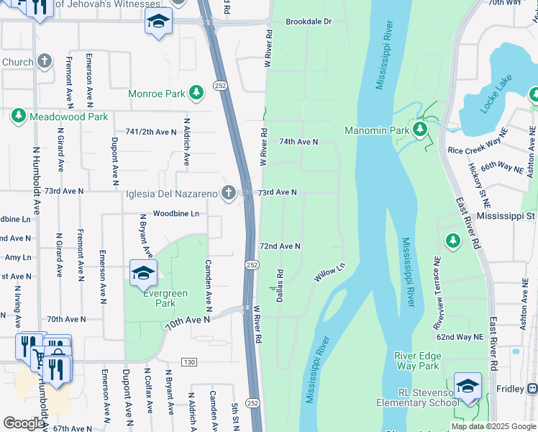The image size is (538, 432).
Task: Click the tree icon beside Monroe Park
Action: [x=196, y=94]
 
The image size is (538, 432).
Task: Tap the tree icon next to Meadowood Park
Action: [x=18, y=116]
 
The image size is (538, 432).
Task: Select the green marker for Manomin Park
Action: [x=421, y=130]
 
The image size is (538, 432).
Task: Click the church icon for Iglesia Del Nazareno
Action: [x=228, y=192]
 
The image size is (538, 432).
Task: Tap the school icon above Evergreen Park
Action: [x=143, y=272]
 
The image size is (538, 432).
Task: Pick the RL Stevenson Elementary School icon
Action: [x=468, y=385]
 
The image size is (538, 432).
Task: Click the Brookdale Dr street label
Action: [x=309, y=22]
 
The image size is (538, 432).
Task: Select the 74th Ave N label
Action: [x=298, y=142]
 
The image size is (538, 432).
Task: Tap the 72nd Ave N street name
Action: [x=280, y=246]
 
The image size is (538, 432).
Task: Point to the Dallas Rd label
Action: [x=281, y=286]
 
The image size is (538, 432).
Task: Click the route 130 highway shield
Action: [x=189, y=361]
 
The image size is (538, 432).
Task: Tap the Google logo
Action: [x=24, y=423]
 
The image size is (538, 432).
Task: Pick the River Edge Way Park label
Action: [x=417, y=361]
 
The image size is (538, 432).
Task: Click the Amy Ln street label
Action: [x=17, y=257]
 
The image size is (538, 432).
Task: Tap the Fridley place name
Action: [x=511, y=389]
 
